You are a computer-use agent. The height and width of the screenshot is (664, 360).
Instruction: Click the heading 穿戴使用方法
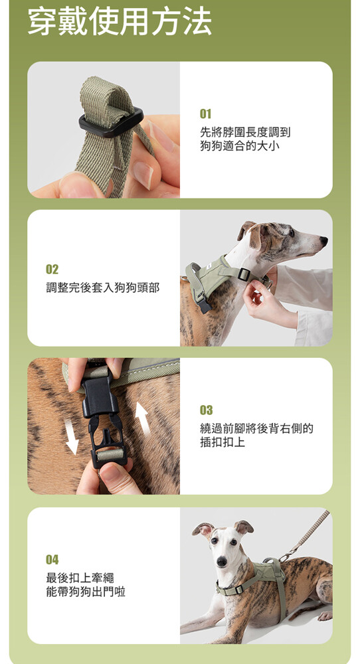pyautogui.click(x=120, y=21)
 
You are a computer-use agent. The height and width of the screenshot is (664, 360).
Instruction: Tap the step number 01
pyautogui.click(x=205, y=114)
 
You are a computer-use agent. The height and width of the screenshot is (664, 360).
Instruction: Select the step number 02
pyautogui.click(x=52, y=270)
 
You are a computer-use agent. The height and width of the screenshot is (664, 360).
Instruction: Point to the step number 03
pyautogui.click(x=207, y=410)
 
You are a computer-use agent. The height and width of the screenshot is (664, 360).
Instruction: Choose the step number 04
pyautogui.click(x=52, y=559)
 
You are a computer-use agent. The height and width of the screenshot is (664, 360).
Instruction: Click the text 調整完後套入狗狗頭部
pyautogui.click(x=102, y=288)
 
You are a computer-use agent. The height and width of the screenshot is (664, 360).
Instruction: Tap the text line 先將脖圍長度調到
pyautogui.click(x=245, y=132)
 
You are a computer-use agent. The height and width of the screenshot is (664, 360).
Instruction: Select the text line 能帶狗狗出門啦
pyautogui.click(x=86, y=592)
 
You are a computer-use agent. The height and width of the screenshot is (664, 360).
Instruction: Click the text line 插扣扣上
pyautogui.click(x=223, y=442)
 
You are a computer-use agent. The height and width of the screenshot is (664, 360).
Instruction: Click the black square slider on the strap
pyautogui.click(x=111, y=122)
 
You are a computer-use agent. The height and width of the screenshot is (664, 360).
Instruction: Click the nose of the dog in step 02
pyautogui.click(x=324, y=241)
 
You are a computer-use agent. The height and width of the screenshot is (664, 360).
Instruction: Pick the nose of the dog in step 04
pyautogui.click(x=221, y=562)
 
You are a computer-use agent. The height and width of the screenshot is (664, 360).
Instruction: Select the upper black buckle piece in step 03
pyautogui.click(x=100, y=394)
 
